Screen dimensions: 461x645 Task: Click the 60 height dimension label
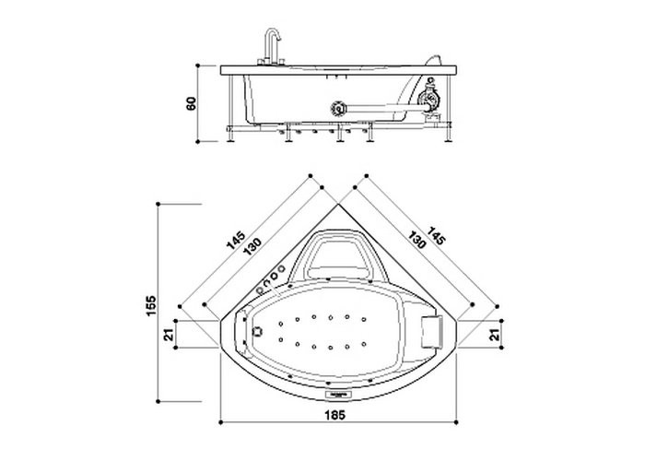[192, 104]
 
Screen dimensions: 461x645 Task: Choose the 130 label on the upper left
[252, 250]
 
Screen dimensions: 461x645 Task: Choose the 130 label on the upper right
[420, 250]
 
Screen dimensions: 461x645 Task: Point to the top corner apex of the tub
[336, 205]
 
